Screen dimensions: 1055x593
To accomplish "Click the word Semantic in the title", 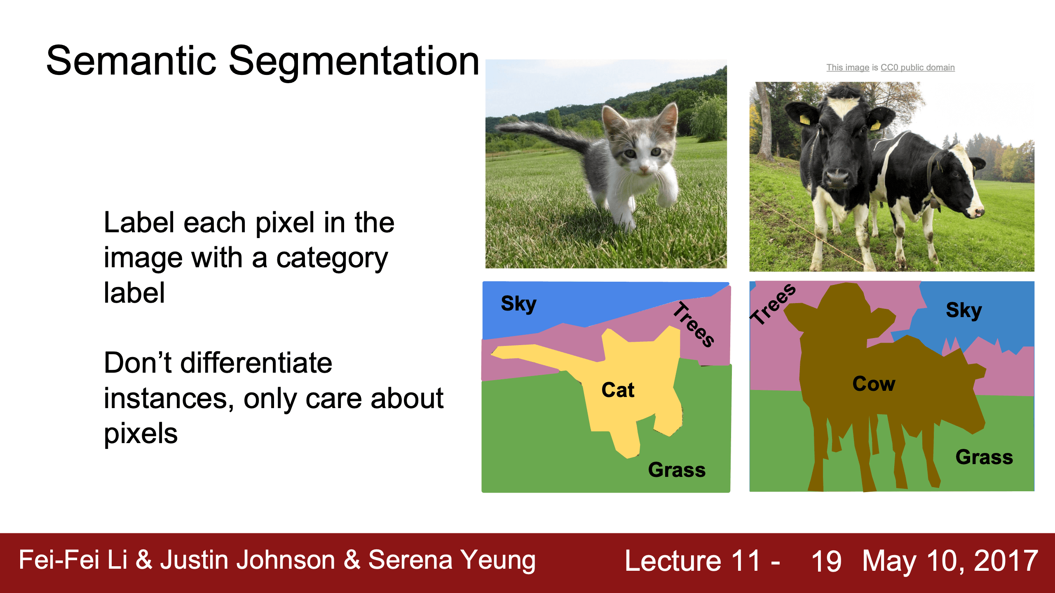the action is point(131,61).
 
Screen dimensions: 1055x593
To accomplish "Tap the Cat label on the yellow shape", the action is point(618,390).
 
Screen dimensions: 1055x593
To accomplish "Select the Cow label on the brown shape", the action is point(874,384).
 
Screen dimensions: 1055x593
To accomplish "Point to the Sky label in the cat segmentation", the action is point(518,304).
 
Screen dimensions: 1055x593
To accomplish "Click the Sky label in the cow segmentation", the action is point(964,311).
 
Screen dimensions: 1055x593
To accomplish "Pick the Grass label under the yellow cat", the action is point(677,470).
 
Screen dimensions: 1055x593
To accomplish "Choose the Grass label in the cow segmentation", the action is point(984,457).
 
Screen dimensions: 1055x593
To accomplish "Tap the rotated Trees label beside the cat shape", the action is point(694,325).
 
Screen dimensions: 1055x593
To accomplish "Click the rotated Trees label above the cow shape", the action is point(773,304).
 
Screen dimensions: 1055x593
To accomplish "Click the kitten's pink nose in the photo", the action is point(642,168).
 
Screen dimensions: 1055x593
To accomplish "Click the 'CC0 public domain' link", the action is point(917,68).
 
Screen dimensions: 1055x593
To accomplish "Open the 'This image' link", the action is point(848,68).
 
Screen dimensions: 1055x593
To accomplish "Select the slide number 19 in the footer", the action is point(826,561).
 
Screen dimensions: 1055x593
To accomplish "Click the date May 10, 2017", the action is point(950,561).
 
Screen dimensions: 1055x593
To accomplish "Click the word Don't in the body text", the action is point(137,363).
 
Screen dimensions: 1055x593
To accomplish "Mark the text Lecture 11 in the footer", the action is point(692,561).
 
